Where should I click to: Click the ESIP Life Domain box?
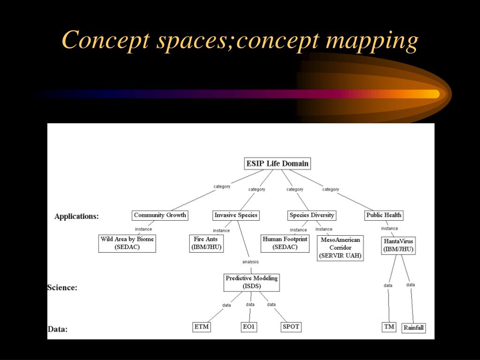[277, 164]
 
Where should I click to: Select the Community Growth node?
[160, 215]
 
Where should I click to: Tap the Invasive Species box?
[236, 215]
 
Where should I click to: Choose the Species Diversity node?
[312, 215]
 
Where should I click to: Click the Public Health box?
[384, 215]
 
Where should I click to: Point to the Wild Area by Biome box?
[127, 243]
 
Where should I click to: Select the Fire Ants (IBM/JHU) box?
[206, 243]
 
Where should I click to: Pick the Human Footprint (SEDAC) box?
[285, 243]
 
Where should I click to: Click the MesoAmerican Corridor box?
[340, 247]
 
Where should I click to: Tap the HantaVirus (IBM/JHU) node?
[398, 245]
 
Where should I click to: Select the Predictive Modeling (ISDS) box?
[251, 282]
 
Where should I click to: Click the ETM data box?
[201, 327]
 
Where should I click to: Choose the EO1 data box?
[249, 327]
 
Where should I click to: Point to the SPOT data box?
[291, 327]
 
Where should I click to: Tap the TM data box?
[389, 327]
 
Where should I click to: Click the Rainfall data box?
[413, 328]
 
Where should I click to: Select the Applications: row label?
[76, 217]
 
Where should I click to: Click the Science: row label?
[62, 287]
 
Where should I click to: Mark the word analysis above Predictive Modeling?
[250, 262]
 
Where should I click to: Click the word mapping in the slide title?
[372, 40]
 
